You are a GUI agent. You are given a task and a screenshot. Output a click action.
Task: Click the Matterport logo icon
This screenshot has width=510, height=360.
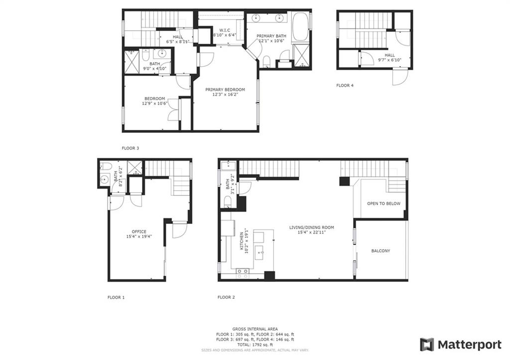pyautogui.click(x=427, y=345)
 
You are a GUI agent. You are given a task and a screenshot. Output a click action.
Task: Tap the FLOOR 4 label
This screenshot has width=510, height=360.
pyautogui.click(x=345, y=86)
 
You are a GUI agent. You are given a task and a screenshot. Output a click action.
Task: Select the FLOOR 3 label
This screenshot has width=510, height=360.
pyautogui.click(x=130, y=148)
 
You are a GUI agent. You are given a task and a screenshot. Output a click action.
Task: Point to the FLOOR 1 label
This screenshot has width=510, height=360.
pyautogui.click(x=116, y=297)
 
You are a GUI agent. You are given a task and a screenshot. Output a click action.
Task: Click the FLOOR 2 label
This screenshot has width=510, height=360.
pyautogui.click(x=226, y=297)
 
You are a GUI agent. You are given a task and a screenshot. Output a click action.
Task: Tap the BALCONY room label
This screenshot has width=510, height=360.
pyautogui.click(x=381, y=251)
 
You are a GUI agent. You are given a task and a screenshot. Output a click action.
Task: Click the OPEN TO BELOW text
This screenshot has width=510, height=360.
pyautogui.click(x=384, y=204)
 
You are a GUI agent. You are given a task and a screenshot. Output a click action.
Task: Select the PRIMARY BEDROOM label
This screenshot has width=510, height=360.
pyautogui.click(x=225, y=90)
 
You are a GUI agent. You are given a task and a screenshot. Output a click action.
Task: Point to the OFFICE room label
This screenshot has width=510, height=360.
pyautogui.click(x=139, y=232)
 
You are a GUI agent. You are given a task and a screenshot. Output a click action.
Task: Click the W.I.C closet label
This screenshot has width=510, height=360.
pyautogui.click(x=225, y=30)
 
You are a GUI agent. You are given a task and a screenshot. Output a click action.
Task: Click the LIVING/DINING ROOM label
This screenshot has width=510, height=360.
pyautogui.click(x=312, y=228)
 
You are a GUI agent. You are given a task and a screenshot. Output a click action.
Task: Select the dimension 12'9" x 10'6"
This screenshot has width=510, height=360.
pyautogui.click(x=154, y=104)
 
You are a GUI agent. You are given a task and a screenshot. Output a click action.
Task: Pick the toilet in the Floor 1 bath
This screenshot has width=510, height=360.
pyautogui.click(x=106, y=166)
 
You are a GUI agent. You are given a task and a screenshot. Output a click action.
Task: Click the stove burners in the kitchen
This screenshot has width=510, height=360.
pyautogui.click(x=243, y=273)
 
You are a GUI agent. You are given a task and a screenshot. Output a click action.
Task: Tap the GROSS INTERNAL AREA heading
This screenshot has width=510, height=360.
pyautogui.click(x=255, y=329)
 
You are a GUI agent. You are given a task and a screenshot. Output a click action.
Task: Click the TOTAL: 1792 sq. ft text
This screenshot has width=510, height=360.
pyautogui.click(x=255, y=345)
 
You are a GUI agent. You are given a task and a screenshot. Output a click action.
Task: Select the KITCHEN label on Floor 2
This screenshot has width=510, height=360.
pyautogui.click(x=242, y=241)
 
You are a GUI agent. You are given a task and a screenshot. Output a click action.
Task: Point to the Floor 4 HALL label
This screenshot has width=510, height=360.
pyautogui.click(x=389, y=55)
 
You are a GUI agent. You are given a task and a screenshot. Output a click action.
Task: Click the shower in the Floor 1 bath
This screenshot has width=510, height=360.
pyautogui.click(x=133, y=167)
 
